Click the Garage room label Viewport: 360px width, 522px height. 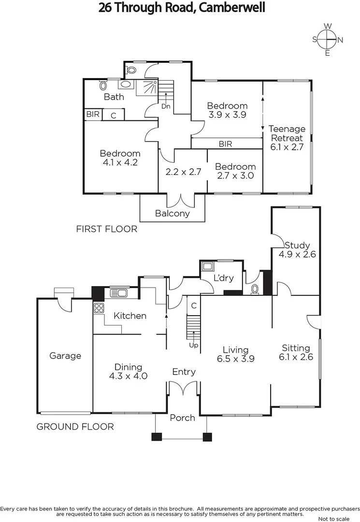pos(65,356)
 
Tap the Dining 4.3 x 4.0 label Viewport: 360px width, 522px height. pos(128,371)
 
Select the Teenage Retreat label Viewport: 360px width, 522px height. pos(287,138)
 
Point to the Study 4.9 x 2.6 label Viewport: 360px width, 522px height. pos(297,249)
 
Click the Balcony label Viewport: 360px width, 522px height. pos(173,213)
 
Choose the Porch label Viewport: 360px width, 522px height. pos(182,418)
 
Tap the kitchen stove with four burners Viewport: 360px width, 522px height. pos(99,308)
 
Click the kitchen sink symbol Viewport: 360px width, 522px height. pos(119,293)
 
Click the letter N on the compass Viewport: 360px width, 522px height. pos(340,40)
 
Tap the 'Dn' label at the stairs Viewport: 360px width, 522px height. pos(166,106)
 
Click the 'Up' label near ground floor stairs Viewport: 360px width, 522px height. pos(193,346)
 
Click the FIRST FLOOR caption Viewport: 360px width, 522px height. pos(107,229)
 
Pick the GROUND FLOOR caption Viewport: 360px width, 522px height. pos(75,426)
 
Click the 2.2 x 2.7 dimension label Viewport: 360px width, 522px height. pos(183,172)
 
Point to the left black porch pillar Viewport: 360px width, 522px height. pos(156,436)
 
